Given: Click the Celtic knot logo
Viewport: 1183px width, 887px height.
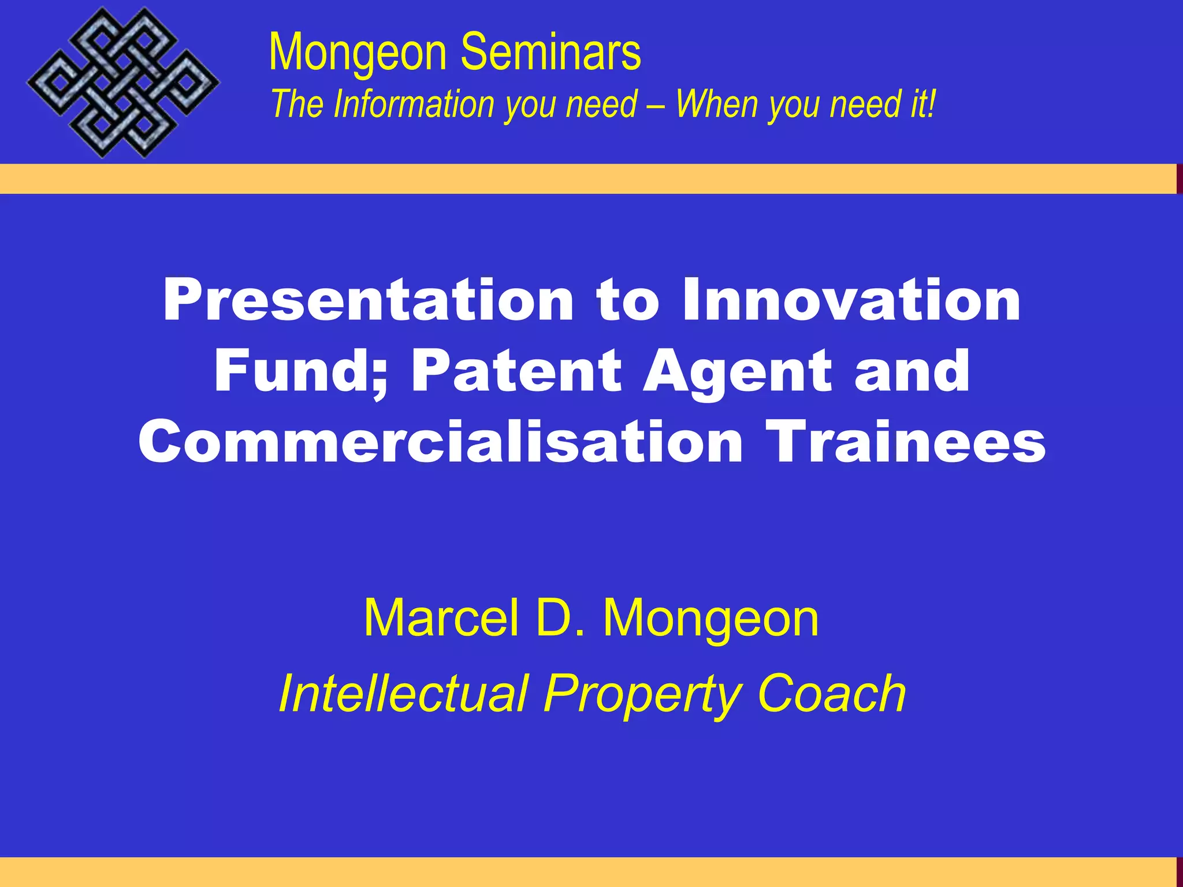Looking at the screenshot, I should pyautogui.click(x=123, y=83).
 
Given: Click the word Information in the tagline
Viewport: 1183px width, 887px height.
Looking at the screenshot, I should pyautogui.click(x=415, y=105).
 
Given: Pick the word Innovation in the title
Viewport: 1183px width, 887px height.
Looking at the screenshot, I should pyautogui.click(x=851, y=300).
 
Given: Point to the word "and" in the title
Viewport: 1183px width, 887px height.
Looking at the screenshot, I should pyautogui.click(x=912, y=371).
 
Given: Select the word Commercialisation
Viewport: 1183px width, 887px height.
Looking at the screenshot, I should pyautogui.click(x=440, y=442).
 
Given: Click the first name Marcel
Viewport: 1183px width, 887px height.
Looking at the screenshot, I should pyautogui.click(x=441, y=618).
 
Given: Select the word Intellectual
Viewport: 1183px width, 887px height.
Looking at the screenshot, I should pyautogui.click(x=403, y=694).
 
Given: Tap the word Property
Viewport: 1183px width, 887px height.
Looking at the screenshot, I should pyautogui.click(x=642, y=695).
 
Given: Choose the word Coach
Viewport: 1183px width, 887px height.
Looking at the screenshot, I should pyautogui.click(x=831, y=694).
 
